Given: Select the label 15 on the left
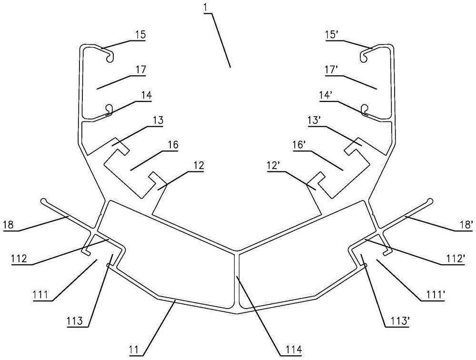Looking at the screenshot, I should coord(140,35).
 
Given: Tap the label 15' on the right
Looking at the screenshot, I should coord(330,35).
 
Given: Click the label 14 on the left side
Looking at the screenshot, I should coord(146,96).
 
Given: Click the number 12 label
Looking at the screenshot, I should coord(198,166).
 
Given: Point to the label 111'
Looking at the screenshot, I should coord(429,296).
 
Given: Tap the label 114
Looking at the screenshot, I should coord(294,350).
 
